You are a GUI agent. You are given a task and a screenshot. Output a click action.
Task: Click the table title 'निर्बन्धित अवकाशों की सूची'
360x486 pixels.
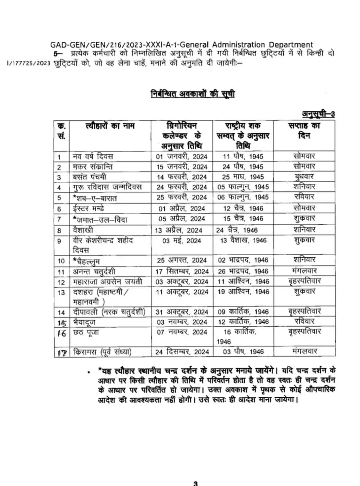click(x=193, y=94)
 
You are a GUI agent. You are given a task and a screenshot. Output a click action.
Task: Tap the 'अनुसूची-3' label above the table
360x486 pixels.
click(x=318, y=114)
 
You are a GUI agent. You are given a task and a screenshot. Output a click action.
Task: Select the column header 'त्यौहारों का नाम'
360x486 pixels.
click(x=110, y=126)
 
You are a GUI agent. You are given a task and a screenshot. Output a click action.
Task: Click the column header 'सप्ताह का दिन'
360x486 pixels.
click(x=304, y=131)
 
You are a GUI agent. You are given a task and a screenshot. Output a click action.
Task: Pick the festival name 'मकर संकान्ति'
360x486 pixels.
click(x=93, y=167)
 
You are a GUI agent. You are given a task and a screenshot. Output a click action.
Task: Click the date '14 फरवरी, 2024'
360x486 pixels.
click(x=182, y=177)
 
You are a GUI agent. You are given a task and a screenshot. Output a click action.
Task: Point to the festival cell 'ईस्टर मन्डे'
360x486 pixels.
click(x=89, y=209)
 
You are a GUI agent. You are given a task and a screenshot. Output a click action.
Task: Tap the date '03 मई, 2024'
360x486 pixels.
click(x=182, y=241)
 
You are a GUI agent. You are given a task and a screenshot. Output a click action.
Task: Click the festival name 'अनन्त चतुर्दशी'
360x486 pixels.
click(x=94, y=272)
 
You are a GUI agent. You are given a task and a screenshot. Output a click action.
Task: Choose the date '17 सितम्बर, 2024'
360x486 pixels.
click(x=182, y=272)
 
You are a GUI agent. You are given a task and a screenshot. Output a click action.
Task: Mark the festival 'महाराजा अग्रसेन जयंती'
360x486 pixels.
click(x=107, y=282)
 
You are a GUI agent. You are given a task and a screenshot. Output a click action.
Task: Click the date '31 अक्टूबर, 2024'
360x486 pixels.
click(x=182, y=312)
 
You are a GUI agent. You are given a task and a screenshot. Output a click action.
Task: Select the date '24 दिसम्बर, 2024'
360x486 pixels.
click(x=182, y=352)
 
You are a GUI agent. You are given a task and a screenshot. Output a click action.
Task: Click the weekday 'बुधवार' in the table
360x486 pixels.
click(x=304, y=176)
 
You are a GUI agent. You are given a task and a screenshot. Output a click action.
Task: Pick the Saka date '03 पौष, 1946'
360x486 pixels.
click(x=243, y=352)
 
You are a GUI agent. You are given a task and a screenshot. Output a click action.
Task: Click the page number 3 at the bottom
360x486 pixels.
click(x=196, y=483)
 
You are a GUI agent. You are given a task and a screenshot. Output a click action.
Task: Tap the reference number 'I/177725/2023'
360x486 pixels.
click(x=29, y=63)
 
